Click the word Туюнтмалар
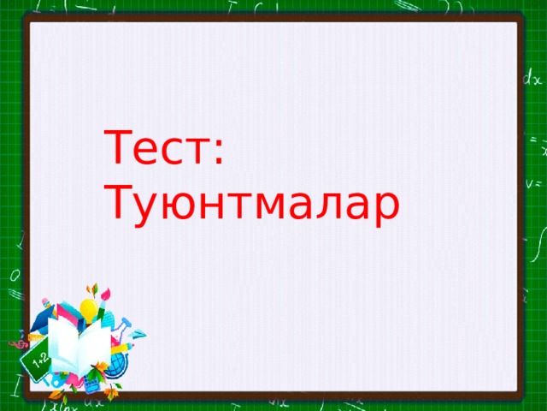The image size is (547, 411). click(x=250, y=205)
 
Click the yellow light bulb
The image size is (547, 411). click(x=88, y=310)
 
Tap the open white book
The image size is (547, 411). click(x=79, y=347)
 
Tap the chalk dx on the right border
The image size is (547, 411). click(x=532, y=78)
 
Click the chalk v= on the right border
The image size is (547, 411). click(x=534, y=182)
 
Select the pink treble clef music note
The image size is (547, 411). click(x=15, y=345)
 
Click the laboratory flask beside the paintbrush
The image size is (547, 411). click(x=122, y=328)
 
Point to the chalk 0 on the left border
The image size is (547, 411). click(x=14, y=277)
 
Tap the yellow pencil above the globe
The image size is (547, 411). click(x=122, y=347)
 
